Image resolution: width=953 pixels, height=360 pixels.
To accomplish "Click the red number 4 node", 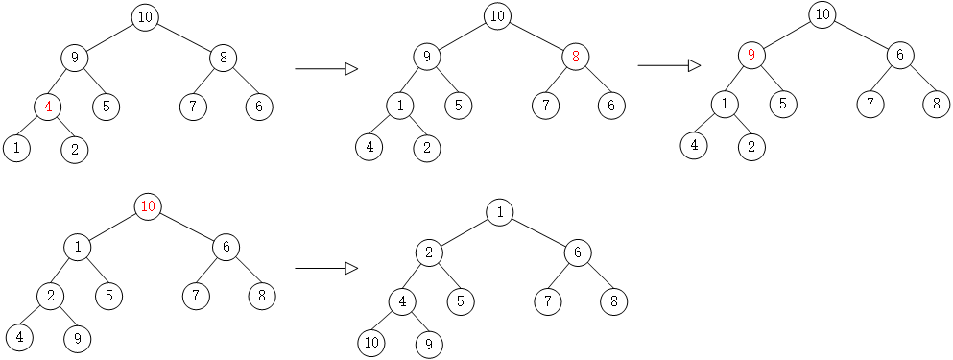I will pos(49,106).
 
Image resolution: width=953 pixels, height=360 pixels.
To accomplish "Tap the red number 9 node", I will pos(751,55).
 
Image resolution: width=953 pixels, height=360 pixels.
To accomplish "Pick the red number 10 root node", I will pos(148,206).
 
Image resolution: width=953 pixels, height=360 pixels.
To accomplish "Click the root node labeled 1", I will pos(499,212).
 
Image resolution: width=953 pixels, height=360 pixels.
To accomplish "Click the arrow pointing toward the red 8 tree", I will pos(325,69).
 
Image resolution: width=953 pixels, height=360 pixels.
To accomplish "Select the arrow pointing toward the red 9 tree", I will pos(669,65).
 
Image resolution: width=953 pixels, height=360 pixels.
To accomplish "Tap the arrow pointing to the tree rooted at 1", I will pos(325,268).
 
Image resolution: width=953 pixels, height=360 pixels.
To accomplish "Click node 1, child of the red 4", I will pos(16,149).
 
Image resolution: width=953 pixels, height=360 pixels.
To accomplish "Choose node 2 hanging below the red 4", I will pos(74,149).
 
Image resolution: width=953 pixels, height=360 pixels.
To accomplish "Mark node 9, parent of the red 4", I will pos(74,58).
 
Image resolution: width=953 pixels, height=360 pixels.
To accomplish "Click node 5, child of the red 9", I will pos(783,103).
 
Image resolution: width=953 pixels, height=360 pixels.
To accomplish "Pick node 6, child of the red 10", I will pos(226,248).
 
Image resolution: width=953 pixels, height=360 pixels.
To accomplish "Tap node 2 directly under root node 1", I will pos(429,253).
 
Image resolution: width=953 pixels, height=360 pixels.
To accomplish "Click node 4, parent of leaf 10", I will pos(401,301).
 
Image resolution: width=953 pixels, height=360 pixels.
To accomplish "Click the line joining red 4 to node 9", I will pos(61,82).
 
